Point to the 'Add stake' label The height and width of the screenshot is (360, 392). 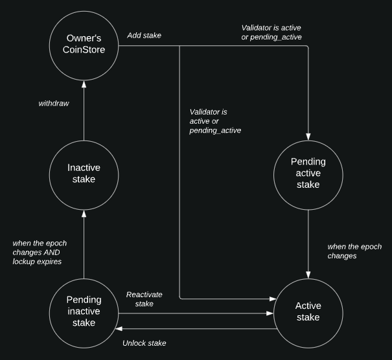click(144, 36)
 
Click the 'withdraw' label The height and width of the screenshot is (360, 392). click(54, 104)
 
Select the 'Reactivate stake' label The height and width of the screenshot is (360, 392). click(144, 299)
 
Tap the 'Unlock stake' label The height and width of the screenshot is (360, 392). click(144, 343)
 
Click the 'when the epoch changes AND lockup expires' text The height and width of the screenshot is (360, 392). click(40, 253)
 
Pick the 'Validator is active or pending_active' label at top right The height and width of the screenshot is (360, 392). click(271, 32)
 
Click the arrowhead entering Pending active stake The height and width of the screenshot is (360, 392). click(308, 137)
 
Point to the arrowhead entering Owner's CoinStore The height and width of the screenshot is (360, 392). click(84, 84)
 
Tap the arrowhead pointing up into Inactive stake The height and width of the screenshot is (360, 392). click(84, 214)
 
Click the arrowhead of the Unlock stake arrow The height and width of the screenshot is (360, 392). click(119, 329)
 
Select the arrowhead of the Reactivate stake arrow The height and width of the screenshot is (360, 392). click(270, 313)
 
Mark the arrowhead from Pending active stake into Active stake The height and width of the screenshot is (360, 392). click(308, 275)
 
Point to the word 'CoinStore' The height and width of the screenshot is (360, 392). click(84, 50)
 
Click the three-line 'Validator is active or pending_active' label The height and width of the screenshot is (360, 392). click(215, 121)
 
